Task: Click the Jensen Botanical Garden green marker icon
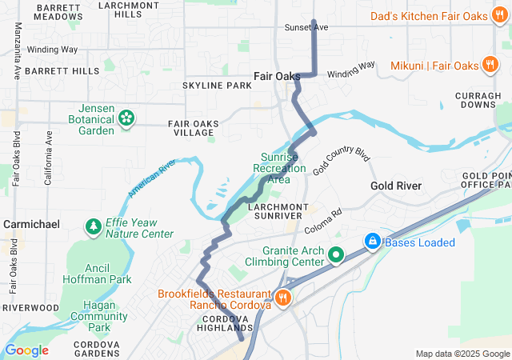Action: coord(126,119)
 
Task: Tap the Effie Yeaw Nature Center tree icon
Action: coord(94,228)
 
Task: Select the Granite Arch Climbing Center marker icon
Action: coord(337,256)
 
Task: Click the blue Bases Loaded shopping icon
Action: coord(372,242)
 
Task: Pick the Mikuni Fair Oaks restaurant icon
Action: coord(490,65)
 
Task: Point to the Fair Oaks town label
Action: coord(275,76)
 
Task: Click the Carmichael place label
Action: coord(31,225)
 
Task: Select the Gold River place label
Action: coord(396,186)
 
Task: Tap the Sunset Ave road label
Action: coord(306,27)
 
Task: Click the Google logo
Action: coord(26,350)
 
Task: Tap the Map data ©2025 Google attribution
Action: coord(462,354)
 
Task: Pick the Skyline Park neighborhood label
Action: coord(217,86)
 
